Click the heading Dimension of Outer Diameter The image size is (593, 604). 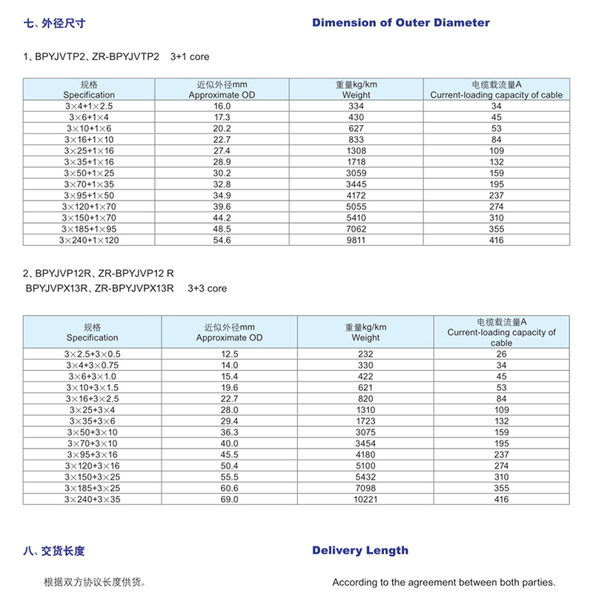click(400, 23)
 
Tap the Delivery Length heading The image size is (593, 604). click(360, 550)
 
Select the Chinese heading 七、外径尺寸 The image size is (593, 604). click(55, 23)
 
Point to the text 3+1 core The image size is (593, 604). click(190, 56)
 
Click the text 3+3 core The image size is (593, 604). click(208, 288)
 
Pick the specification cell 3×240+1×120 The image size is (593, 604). click(89, 240)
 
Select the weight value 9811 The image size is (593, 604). click(357, 240)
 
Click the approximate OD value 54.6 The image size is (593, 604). click(222, 240)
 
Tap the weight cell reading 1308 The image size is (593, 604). click(357, 151)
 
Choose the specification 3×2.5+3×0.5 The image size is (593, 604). click(92, 354)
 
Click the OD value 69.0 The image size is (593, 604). click(230, 500)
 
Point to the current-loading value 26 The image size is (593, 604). click(501, 354)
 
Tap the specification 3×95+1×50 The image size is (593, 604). click(89, 195)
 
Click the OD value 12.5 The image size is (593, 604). click(230, 354)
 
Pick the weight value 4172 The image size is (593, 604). click(357, 195)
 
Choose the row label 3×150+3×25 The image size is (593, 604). click(92, 477)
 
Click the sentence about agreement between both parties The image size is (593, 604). click(443, 582)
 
